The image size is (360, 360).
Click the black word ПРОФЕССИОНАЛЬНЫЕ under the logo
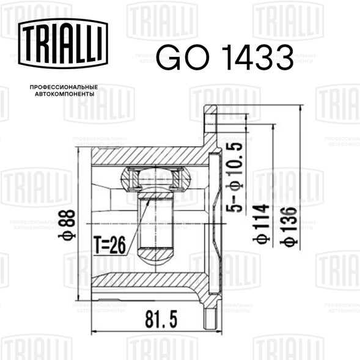[64, 89]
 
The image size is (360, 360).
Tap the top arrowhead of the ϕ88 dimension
[79, 150]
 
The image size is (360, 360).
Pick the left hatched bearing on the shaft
[131, 180]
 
